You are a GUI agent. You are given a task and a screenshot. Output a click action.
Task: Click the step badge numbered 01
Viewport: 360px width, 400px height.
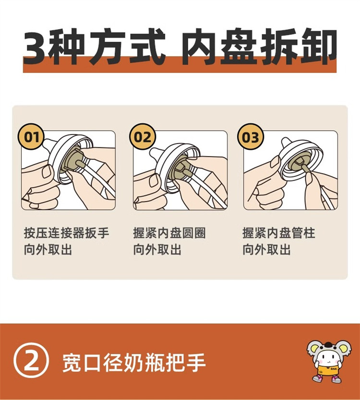click(31, 137)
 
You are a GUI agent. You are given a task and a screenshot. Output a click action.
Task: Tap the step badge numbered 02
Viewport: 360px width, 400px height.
click(143, 137)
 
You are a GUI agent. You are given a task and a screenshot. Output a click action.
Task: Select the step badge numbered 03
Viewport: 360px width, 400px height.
click(251, 137)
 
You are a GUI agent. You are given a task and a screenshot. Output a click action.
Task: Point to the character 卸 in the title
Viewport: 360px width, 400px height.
click(319, 47)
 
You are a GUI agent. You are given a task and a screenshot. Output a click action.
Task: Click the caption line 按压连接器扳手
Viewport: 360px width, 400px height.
click(66, 233)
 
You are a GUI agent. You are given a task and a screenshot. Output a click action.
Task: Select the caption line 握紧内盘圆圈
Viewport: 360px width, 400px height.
click(169, 233)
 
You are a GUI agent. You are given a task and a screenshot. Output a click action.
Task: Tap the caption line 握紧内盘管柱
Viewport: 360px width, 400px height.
click(279, 233)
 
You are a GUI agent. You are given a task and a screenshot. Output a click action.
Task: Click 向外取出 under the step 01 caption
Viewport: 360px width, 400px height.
click(48, 249)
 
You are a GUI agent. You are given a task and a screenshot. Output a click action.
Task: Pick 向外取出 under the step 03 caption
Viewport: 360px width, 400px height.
click(266, 249)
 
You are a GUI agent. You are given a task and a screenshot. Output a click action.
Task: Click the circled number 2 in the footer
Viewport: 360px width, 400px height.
click(31, 362)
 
